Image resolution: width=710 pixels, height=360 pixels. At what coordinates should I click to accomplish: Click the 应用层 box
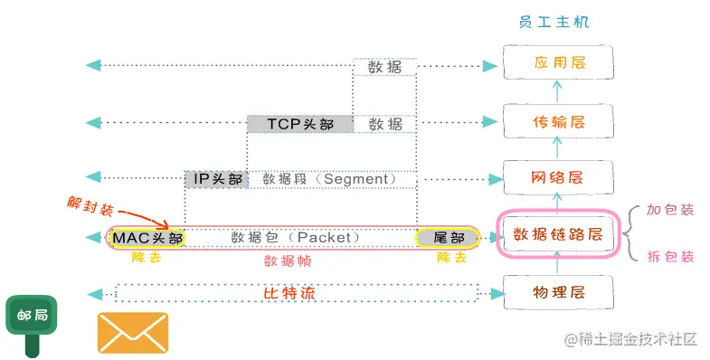coord(557,65)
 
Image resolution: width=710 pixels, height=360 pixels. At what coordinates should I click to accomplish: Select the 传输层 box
coord(557,122)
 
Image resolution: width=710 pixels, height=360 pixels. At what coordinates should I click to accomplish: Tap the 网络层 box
coord(557,178)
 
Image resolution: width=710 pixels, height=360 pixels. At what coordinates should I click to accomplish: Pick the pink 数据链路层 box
coord(557,235)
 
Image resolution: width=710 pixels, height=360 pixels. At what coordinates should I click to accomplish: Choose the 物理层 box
coord(557,292)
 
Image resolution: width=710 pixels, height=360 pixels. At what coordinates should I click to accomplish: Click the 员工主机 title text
coord(557,22)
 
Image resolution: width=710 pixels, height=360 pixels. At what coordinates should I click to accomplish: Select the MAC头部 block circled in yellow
coord(147,238)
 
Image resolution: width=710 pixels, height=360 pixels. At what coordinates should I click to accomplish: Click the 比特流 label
coord(296,293)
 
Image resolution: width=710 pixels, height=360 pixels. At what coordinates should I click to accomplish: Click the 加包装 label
coord(670,210)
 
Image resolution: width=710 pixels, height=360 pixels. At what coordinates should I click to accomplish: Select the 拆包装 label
coord(670,257)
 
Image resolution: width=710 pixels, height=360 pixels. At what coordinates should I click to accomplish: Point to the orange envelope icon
coord(133,332)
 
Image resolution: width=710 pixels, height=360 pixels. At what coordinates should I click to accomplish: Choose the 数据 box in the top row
coord(384,67)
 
